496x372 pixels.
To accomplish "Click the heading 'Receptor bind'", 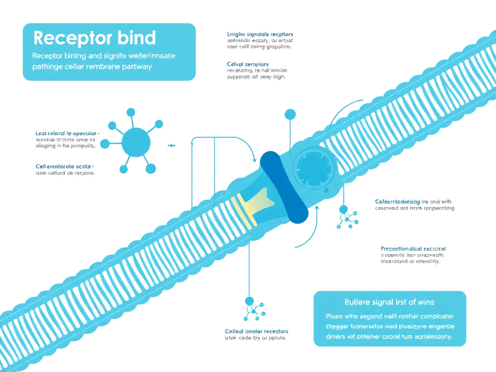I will point(94,38).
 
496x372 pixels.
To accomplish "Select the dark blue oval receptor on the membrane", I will point(284,186).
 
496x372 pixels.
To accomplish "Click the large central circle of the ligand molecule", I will point(136,141).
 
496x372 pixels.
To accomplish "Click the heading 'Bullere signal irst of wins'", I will point(390,302).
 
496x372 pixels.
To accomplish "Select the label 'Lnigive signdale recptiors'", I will point(260,35).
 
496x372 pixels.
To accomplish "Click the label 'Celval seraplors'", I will point(248,64).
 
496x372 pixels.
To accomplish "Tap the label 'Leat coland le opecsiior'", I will point(67,133).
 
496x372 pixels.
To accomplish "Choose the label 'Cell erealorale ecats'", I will point(65,166).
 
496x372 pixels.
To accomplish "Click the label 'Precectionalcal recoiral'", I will point(413,248).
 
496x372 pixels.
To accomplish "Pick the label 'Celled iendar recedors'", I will point(257,331).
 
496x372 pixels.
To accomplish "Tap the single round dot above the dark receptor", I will point(290,114).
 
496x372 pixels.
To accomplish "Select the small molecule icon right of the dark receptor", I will point(347,216).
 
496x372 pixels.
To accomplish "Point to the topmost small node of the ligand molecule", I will point(130,112).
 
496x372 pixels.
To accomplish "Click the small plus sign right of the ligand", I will point(170,145).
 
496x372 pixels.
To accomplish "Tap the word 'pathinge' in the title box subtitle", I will point(47,67).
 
